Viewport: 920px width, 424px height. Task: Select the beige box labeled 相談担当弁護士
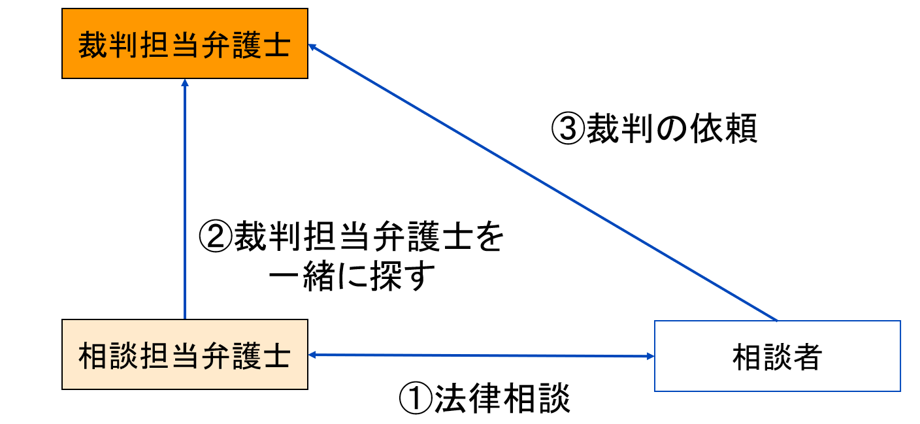pos(185,355)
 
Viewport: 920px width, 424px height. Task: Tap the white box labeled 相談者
pos(777,356)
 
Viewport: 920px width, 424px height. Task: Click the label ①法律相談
pos(484,398)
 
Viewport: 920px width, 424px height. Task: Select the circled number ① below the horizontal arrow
pos(414,398)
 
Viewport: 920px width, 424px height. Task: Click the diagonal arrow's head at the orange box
pos(313,47)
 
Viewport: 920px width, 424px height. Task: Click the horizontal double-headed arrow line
pos(482,355)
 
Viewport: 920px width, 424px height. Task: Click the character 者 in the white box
pos(807,356)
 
